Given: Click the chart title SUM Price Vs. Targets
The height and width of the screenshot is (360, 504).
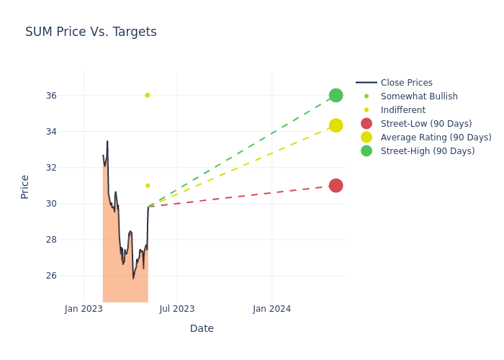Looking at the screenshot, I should click(91, 32).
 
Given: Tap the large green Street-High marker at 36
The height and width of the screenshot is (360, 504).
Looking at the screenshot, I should click(336, 95).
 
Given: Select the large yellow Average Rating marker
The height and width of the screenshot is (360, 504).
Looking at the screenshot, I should click(336, 125).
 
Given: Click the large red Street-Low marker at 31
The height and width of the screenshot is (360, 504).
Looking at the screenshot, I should click(336, 186).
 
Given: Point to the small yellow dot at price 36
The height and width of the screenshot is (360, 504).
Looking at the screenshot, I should click(148, 95).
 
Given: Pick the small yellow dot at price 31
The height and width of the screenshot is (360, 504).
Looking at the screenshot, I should click(148, 186).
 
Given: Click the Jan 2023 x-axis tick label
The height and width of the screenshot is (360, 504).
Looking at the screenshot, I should click(84, 309).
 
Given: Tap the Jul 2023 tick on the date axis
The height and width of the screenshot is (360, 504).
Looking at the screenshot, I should click(177, 309).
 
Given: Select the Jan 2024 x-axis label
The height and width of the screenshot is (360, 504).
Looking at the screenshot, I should click(272, 309).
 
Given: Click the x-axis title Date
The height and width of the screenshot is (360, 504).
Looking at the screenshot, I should click(202, 329).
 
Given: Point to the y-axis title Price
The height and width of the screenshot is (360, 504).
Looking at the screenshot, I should click(25, 186).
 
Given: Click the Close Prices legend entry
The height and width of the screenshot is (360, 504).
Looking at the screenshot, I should click(406, 83).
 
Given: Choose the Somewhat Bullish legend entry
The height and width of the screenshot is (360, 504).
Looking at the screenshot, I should click(419, 96).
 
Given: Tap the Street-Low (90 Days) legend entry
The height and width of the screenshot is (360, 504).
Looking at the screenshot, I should click(426, 124).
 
